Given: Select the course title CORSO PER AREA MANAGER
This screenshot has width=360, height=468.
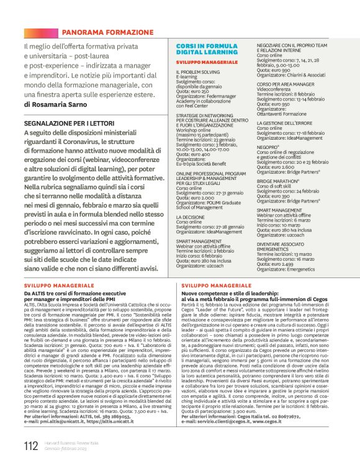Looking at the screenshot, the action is click(287, 84).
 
